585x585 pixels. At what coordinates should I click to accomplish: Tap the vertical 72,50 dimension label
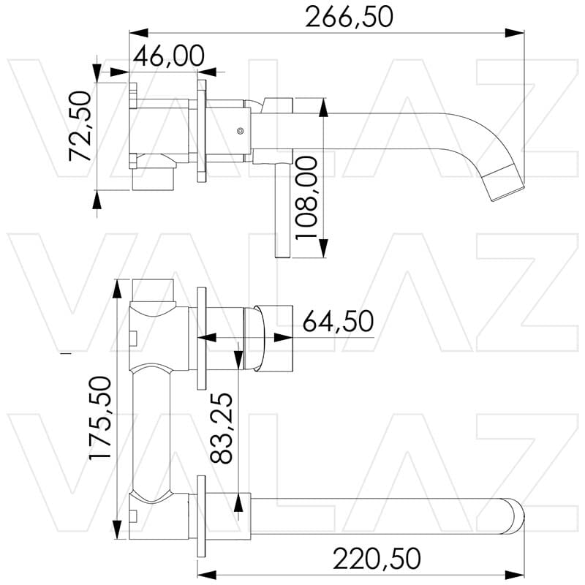click(x=79, y=125)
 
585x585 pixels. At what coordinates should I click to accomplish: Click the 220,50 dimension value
click(x=377, y=558)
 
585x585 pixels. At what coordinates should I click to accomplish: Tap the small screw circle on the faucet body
click(x=240, y=131)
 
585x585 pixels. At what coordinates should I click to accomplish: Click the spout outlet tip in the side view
click(x=508, y=187)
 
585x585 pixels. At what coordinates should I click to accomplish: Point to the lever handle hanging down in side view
click(x=282, y=212)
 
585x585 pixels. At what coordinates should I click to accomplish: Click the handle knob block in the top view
click(x=273, y=337)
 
